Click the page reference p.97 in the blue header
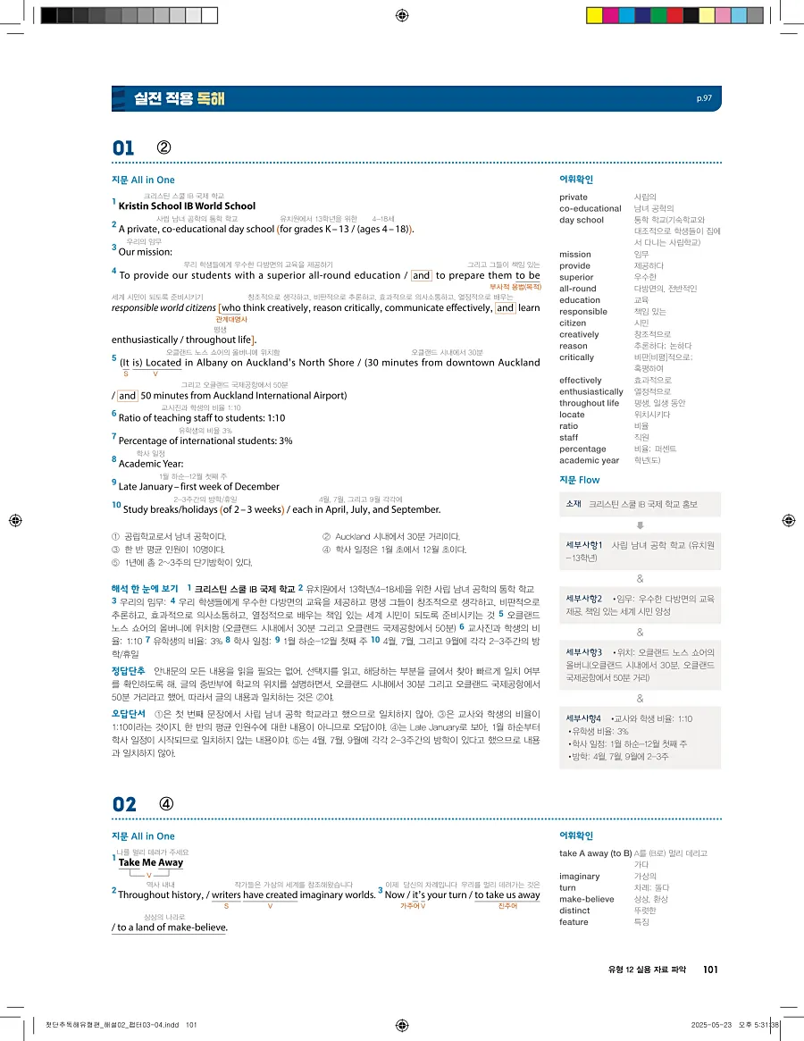(704, 98)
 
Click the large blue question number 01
(123, 148)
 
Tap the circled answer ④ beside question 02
(166, 803)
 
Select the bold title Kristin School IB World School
(187, 206)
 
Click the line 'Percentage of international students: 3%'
(205, 441)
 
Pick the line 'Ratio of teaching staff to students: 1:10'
(202, 417)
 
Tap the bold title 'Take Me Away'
(150, 862)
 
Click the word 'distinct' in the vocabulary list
(576, 911)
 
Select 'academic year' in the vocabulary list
(589, 461)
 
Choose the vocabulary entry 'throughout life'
(589, 403)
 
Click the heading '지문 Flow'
(580, 480)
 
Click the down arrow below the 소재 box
(640, 525)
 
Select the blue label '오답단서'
(129, 713)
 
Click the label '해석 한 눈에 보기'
(145, 589)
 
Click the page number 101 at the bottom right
(712, 970)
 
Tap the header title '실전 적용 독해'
(179, 98)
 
